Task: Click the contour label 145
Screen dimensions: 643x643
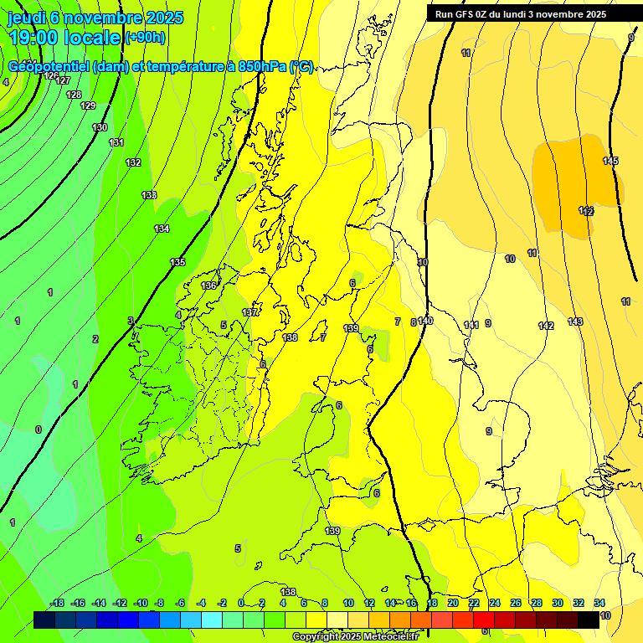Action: click(x=610, y=161)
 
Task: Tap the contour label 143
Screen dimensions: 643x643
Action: click(x=575, y=321)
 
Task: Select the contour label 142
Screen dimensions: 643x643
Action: click(x=546, y=326)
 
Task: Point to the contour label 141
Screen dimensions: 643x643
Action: click(x=471, y=325)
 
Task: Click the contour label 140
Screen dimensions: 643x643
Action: click(x=425, y=321)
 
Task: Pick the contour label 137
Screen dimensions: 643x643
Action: click(x=249, y=312)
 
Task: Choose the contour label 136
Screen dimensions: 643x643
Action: click(x=208, y=285)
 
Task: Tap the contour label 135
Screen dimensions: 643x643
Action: click(x=177, y=262)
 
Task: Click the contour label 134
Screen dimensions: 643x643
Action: click(x=162, y=229)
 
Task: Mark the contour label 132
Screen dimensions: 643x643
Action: click(x=133, y=162)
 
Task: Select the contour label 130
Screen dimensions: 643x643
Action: click(x=100, y=127)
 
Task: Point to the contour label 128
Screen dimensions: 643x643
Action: click(x=74, y=95)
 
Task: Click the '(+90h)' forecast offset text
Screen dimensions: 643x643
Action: click(x=145, y=37)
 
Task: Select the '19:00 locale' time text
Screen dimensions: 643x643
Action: click(x=64, y=37)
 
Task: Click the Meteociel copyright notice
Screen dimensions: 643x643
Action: click(x=356, y=636)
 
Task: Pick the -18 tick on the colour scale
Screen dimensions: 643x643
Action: click(x=58, y=603)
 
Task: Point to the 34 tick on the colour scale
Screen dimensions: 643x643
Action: click(x=599, y=603)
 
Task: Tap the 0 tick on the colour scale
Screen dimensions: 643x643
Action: click(x=241, y=603)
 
